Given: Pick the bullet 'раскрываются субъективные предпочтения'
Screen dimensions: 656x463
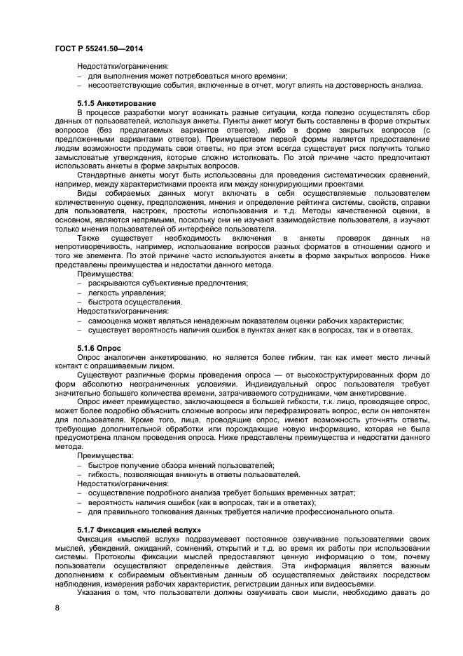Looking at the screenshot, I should click(x=168, y=283).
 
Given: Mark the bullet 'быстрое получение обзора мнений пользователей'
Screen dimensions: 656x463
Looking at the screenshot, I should click(x=181, y=465).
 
